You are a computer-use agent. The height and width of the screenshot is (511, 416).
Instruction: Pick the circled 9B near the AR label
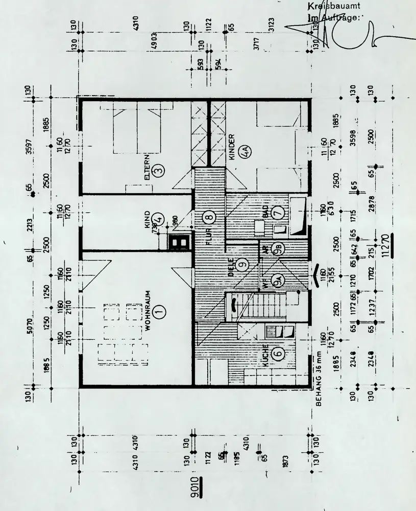point(279,249)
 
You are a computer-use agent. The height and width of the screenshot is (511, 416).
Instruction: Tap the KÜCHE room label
point(265,356)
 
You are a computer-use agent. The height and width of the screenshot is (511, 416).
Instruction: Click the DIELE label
point(231,267)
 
